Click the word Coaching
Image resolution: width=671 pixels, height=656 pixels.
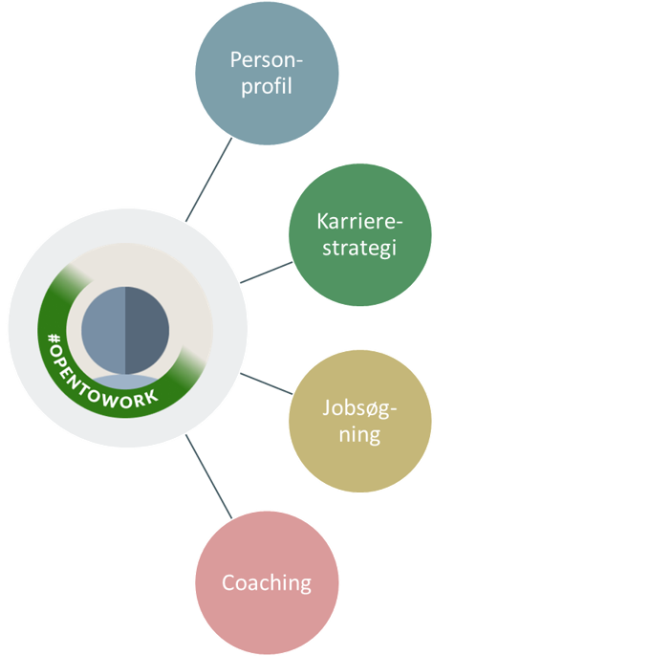click(x=266, y=582)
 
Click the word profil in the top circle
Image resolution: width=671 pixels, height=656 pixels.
click(x=266, y=87)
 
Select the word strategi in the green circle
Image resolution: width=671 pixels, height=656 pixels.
click(x=359, y=248)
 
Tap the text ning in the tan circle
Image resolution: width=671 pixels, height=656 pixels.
click(x=359, y=435)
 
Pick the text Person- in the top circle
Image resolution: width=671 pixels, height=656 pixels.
click(x=266, y=59)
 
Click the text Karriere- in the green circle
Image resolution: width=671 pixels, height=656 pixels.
click(x=359, y=221)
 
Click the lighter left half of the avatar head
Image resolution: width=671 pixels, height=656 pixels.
click(x=103, y=330)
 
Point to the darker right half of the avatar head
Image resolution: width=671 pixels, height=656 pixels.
click(x=147, y=330)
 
